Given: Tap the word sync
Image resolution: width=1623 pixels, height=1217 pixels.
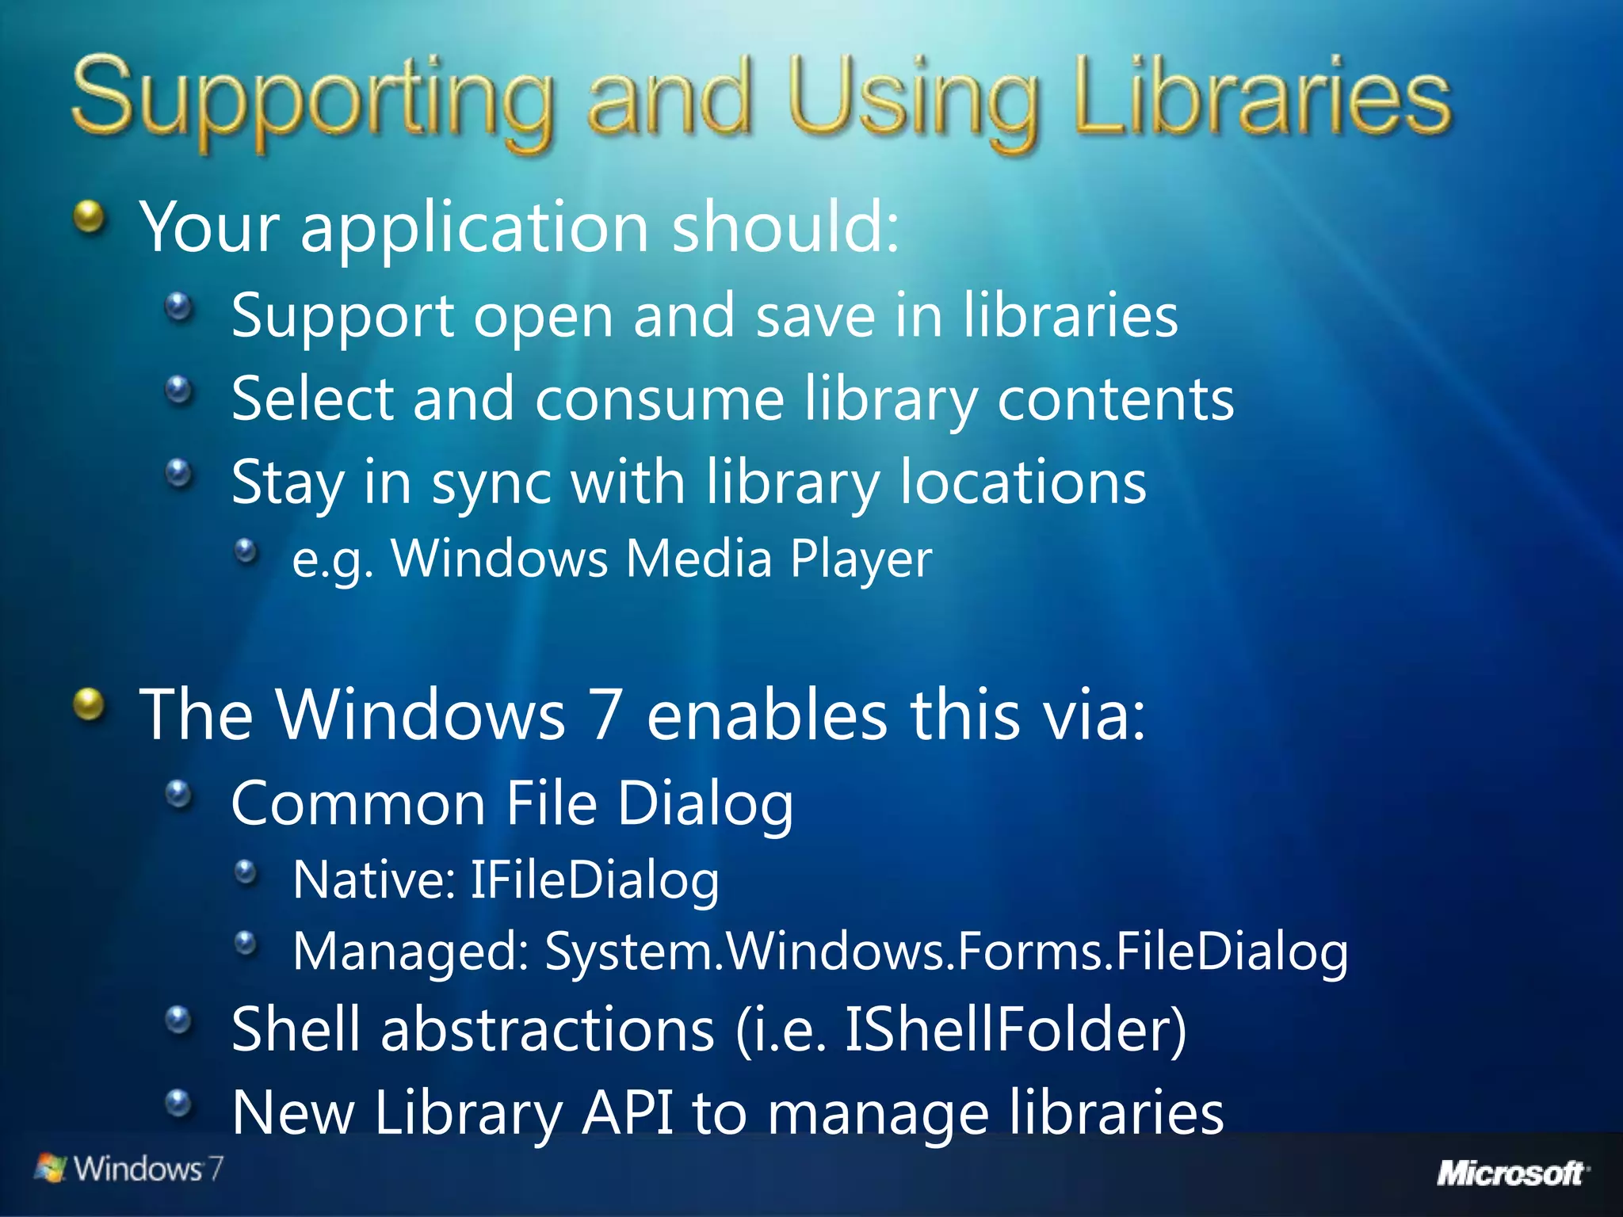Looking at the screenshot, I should pos(491,483).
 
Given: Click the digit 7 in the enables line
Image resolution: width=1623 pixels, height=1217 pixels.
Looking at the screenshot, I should pos(605,715).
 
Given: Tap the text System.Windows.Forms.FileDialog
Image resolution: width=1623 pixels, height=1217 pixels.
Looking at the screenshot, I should pos(946,952).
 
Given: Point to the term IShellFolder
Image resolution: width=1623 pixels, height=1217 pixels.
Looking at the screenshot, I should pos(1015,1029).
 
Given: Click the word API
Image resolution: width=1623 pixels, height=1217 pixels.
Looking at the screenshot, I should pos(627,1112).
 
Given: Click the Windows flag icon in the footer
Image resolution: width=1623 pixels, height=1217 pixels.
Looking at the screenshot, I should pos(52,1169).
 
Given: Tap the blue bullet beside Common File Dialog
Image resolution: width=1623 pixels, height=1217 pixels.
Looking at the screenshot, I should pos(179,794).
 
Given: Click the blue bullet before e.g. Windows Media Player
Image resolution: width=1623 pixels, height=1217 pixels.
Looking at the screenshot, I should pos(246,551).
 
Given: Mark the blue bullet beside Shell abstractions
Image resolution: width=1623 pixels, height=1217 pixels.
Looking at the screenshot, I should pos(179,1020).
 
